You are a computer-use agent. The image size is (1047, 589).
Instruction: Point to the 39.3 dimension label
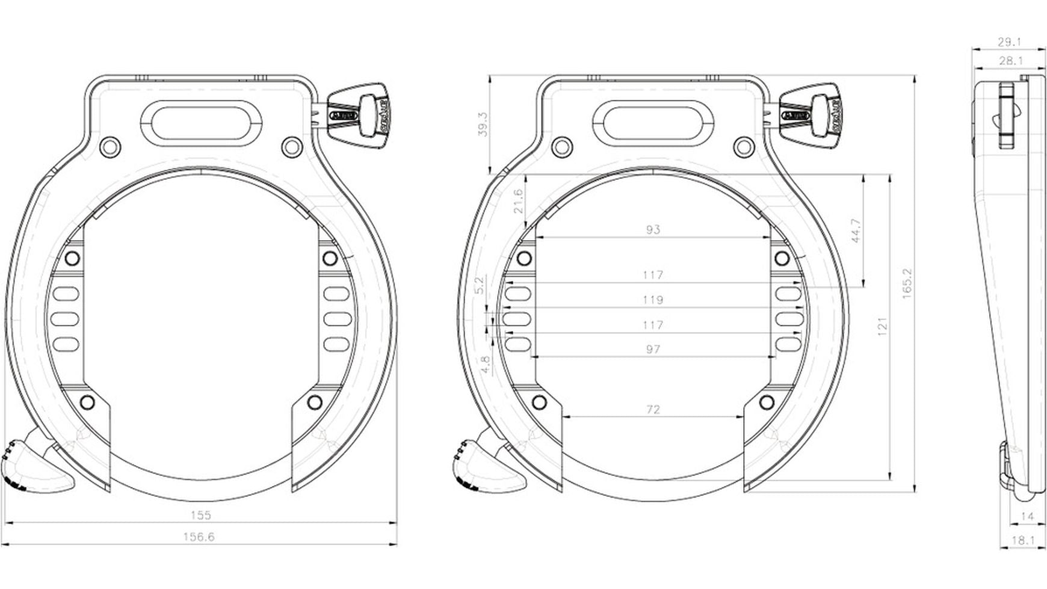pyautogui.click(x=483, y=125)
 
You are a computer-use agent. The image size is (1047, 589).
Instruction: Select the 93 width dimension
pyautogui.click(x=652, y=229)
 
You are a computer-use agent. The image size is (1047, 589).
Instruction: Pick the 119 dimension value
pyautogui.click(x=652, y=300)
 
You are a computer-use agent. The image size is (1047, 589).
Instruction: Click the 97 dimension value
pyautogui.click(x=652, y=349)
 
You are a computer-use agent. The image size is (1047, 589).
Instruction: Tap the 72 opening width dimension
pyautogui.click(x=652, y=409)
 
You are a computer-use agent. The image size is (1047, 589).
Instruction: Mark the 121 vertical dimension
pyautogui.click(x=883, y=327)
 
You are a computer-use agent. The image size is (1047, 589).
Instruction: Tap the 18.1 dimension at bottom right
pyautogui.click(x=1022, y=540)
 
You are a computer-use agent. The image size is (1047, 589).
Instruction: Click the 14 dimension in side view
pyautogui.click(x=1027, y=516)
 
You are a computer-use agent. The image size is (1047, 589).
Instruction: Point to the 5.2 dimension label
pyautogui.click(x=480, y=285)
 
